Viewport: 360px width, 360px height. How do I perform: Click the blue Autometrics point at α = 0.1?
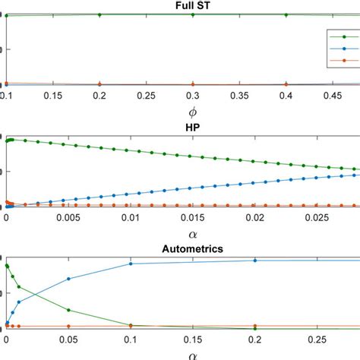[x=131, y=264]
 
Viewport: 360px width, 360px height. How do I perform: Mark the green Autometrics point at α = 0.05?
[x=69, y=310]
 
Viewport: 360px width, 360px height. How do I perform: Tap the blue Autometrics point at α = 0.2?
[x=255, y=261]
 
